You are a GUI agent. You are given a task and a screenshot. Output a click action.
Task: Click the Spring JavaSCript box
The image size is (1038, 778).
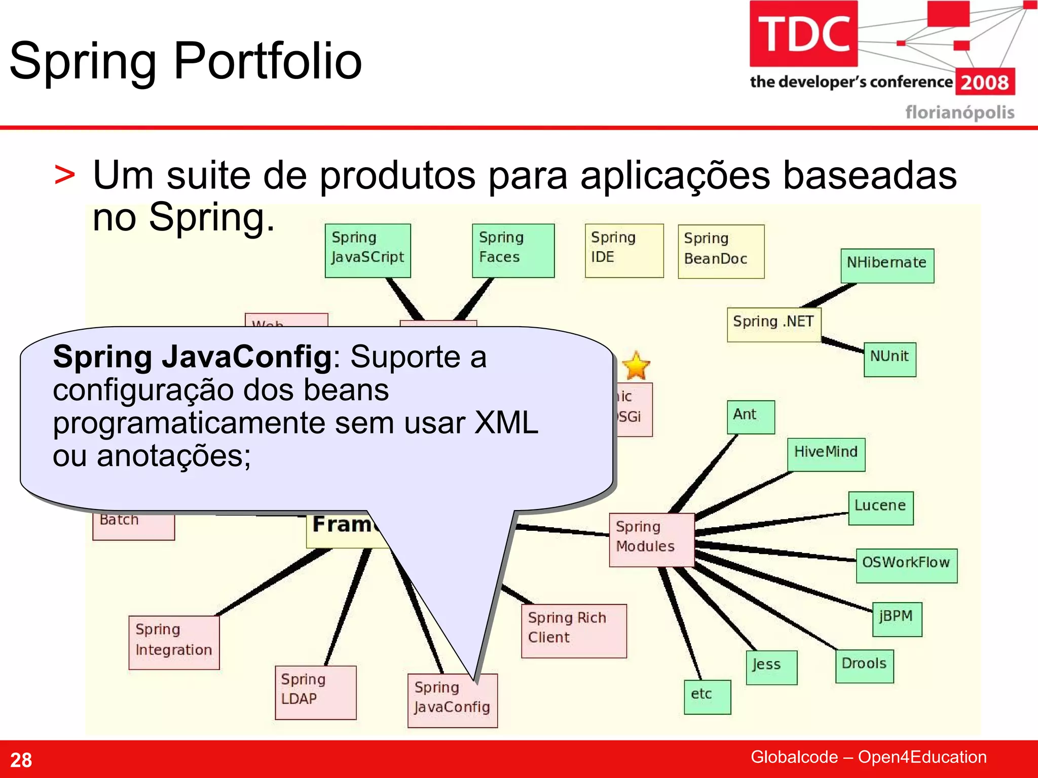coord(367,250)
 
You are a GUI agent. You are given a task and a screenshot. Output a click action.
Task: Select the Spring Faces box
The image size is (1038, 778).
coord(513,250)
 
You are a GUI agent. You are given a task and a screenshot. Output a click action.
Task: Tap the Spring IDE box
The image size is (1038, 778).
coord(624,250)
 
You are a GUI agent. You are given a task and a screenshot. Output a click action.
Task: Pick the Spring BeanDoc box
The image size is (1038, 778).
coord(721,251)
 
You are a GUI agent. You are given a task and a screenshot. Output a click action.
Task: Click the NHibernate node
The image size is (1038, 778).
coord(887,265)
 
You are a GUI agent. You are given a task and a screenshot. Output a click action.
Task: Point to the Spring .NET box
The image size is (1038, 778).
coord(773,324)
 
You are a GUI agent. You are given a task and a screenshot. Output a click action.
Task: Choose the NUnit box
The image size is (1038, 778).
coord(889,359)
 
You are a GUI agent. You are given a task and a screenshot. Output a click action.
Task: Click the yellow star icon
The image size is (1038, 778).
coord(636,366)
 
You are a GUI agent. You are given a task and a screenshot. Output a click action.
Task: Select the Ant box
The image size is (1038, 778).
coord(751,416)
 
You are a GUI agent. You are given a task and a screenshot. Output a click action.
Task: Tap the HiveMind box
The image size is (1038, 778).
coord(826,454)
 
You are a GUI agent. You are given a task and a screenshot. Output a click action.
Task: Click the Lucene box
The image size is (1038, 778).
coord(880,508)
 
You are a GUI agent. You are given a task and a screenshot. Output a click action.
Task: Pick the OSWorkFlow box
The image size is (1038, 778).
coord(906,565)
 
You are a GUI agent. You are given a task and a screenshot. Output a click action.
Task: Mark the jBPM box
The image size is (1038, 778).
coord(897,618)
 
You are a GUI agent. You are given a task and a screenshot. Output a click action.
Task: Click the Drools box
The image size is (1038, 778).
coord(864,666)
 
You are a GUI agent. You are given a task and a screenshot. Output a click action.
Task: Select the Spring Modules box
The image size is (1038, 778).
coord(651,539)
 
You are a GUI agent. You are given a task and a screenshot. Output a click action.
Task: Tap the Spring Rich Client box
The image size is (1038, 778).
coord(574,630)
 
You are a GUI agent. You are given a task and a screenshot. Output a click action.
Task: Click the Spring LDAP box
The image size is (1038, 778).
coord(315,692)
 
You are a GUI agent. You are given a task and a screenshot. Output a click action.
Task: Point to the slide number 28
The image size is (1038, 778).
coord(21,760)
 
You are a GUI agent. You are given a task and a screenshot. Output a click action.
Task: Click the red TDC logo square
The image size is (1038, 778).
coord(803,33)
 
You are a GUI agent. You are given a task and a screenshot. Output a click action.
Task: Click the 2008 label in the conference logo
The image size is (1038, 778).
coord(985,82)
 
